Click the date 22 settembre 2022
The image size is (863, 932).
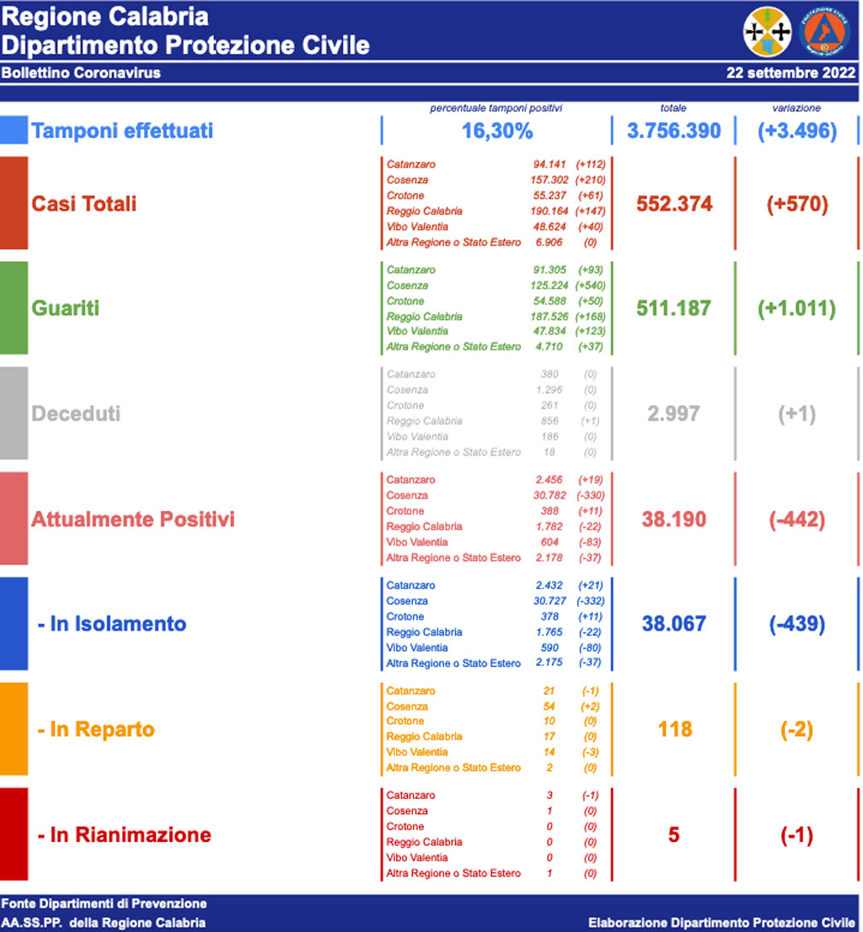(x=791, y=72)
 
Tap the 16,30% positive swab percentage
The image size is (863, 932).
(x=497, y=130)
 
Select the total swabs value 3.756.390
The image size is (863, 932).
(x=674, y=130)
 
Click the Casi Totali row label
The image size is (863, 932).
(x=83, y=204)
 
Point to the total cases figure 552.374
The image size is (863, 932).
(x=674, y=204)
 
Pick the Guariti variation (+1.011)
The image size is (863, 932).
(x=796, y=308)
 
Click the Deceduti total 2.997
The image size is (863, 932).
(x=674, y=413)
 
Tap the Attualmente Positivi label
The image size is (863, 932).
(x=132, y=519)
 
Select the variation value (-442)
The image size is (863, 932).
(x=796, y=519)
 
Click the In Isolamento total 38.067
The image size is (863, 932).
(x=674, y=624)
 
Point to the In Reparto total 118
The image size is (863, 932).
(x=674, y=729)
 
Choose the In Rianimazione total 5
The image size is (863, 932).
(x=673, y=835)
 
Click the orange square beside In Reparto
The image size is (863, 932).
(x=13, y=729)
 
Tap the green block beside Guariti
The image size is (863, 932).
(x=13, y=308)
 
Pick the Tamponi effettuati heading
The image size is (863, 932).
(x=122, y=130)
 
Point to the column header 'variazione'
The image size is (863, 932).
(x=796, y=108)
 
